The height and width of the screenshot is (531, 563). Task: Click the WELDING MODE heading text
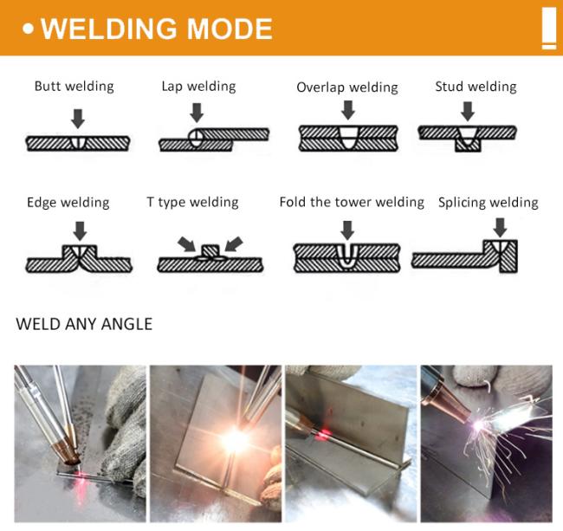coord(156,29)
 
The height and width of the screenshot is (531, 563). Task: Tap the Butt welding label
coord(74,86)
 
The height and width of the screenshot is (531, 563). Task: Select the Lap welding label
coord(198,86)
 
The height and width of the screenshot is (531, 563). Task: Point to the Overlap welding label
coord(347,87)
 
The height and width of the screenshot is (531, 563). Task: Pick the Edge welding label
coord(68,203)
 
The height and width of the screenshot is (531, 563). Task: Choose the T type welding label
coord(192,203)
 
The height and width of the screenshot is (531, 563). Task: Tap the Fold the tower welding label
coord(352,202)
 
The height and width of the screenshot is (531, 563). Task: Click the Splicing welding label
coord(488,203)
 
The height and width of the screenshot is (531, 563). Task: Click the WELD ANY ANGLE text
coord(84,325)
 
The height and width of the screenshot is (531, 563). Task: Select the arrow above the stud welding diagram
coord(468,111)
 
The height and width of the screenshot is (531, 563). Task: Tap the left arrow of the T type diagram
coord(185,243)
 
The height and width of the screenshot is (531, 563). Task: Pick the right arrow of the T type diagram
coord(233,243)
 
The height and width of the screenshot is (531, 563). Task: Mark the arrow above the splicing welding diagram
coord(500,227)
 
